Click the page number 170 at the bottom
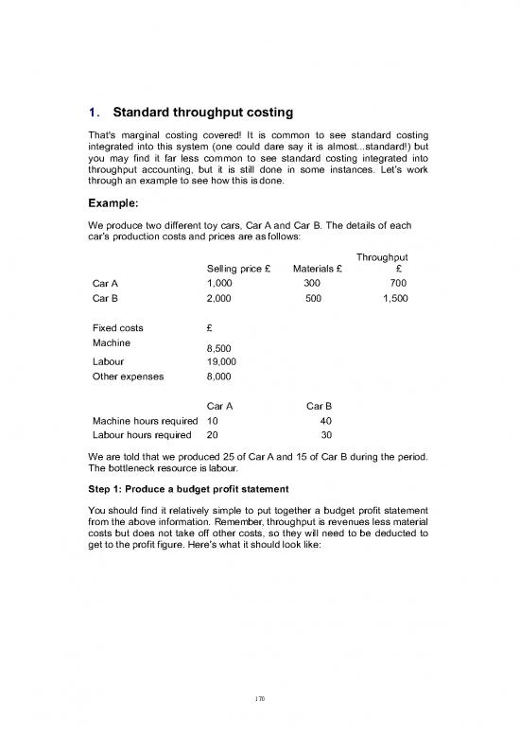tap(259, 699)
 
